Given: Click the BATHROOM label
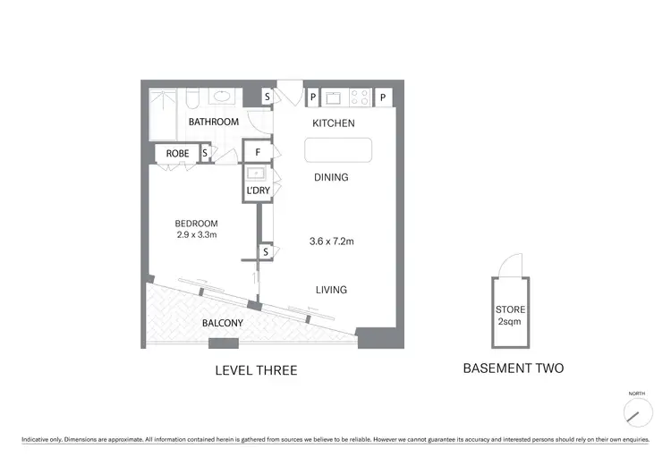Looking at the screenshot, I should (x=213, y=122).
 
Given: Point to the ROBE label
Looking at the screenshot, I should (x=177, y=154).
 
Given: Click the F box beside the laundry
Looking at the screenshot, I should (x=258, y=153).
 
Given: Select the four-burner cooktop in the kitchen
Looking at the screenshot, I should (x=361, y=96).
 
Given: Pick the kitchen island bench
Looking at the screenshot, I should (x=338, y=150).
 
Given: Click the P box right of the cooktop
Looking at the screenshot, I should (x=383, y=97).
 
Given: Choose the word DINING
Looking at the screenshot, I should (x=331, y=177).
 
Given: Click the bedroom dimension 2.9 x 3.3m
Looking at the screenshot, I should (x=196, y=234).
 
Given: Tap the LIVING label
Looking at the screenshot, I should (x=330, y=290).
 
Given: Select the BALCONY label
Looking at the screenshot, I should (x=223, y=323).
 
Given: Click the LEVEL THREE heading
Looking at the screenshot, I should (x=256, y=370).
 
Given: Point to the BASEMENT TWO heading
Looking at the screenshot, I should (x=513, y=368).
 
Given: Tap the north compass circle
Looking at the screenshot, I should (x=637, y=411).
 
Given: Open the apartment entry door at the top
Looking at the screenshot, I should (x=289, y=92).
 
